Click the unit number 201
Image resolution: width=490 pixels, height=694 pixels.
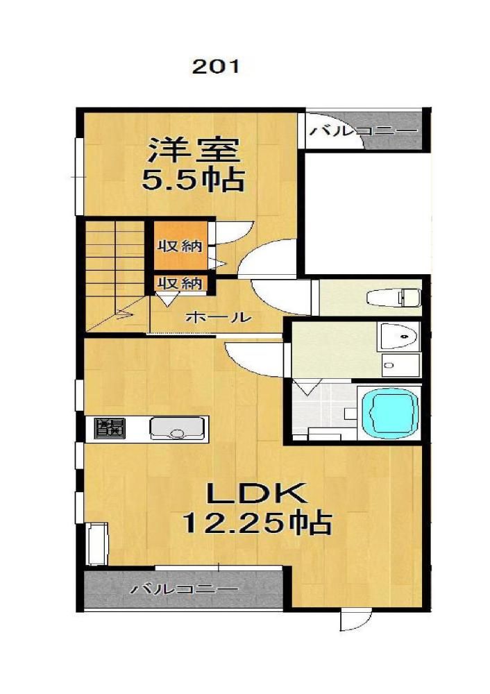click(215, 67)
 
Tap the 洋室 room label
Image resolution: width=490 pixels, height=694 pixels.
click(194, 151)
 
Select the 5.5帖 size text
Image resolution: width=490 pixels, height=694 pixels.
click(193, 179)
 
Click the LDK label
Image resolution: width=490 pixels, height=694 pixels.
click(257, 494)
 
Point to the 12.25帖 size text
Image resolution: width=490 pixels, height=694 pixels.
click(257, 523)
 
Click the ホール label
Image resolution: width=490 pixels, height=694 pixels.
click(218, 317)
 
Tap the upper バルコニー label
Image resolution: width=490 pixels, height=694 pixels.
click(363, 131)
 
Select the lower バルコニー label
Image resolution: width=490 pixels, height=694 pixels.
click(184, 589)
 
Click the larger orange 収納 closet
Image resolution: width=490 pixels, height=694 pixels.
click(180, 245)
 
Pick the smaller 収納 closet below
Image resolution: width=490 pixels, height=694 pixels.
click(180, 283)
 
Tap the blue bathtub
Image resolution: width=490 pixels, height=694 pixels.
click(389, 413)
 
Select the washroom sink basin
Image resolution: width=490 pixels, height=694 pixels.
click(398, 337)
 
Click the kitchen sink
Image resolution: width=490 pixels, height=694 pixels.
click(178, 428)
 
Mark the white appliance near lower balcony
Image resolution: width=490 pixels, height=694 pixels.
click(97, 544)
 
